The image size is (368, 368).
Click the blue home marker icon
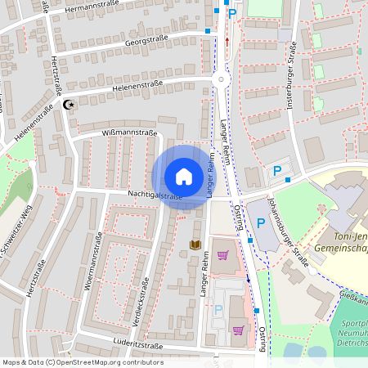point(183,177)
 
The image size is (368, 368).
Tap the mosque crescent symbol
point(69,105)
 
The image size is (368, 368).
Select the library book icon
point(195,245)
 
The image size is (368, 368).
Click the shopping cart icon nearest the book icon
point(222,255)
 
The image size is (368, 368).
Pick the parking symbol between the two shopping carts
point(218,309)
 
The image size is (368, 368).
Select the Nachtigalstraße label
point(155,196)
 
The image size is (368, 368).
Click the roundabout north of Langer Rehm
point(221,80)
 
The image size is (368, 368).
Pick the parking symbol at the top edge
point(231,12)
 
